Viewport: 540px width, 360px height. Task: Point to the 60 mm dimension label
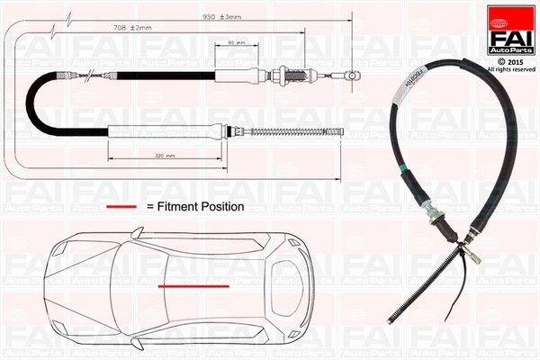235,44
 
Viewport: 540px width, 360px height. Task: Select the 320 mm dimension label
164,157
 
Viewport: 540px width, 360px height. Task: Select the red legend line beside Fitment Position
121,206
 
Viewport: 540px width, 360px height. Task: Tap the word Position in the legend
222,206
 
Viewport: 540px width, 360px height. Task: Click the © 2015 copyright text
509,60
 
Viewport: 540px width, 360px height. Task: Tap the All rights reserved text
509,68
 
